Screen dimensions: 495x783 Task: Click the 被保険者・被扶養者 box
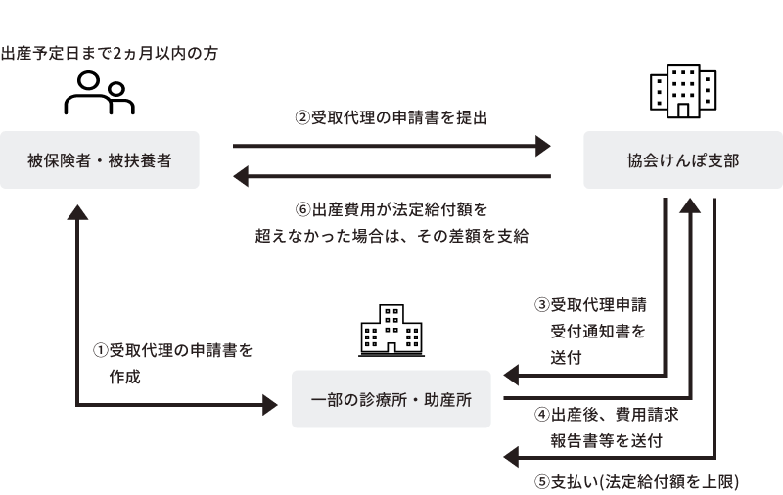[100, 159]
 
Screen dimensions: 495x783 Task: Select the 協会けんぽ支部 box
[682, 159]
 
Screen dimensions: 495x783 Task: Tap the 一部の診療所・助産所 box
[391, 399]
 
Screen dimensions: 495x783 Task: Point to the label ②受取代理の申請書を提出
[391, 117]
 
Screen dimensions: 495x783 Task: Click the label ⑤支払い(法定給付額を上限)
[636, 481]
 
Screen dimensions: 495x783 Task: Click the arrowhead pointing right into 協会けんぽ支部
[544, 147]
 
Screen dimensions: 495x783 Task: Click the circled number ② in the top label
[302, 117]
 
